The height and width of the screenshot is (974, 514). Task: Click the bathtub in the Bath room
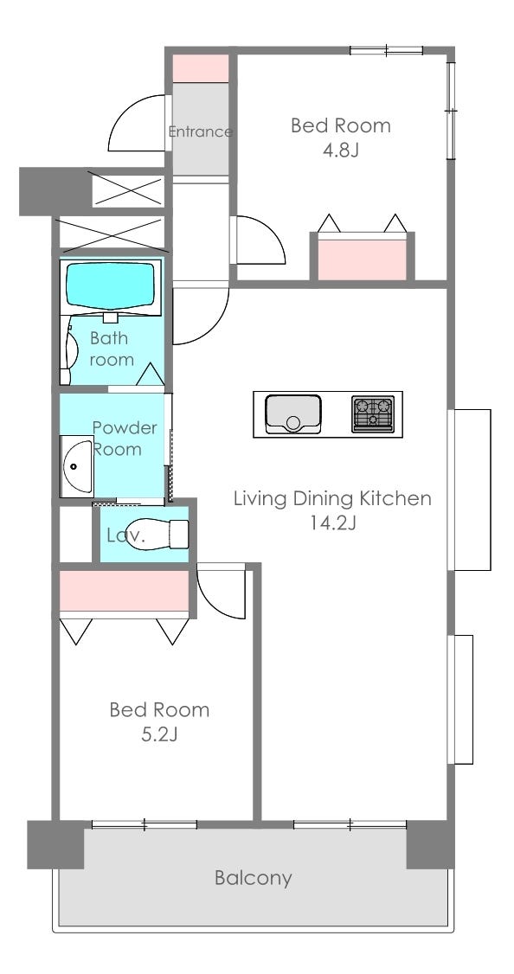(110, 285)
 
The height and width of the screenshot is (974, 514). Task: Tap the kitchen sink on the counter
(292, 413)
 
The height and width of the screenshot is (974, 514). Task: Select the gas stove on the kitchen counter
(373, 413)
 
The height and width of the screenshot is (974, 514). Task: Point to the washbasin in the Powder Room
(76, 466)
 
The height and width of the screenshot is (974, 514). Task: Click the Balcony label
(253, 878)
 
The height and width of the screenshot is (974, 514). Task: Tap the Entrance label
(200, 131)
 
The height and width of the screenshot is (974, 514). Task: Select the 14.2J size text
(333, 523)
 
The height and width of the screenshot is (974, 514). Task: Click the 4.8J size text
(341, 151)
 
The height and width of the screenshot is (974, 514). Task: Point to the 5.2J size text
(160, 735)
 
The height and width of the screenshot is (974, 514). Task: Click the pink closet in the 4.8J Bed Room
(362, 259)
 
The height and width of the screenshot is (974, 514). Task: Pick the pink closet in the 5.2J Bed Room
(125, 591)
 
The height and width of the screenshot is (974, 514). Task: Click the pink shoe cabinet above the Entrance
(201, 68)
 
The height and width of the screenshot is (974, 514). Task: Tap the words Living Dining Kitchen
(332, 498)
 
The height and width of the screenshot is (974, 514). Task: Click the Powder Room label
(125, 439)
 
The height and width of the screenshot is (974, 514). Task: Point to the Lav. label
(125, 536)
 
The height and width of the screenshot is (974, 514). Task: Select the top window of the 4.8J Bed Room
(386, 50)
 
